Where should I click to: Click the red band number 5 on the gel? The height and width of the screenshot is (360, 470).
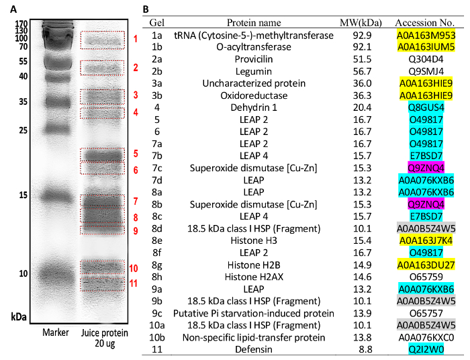click(x=136, y=153)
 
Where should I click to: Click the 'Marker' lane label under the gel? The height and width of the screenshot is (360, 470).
click(x=56, y=332)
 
